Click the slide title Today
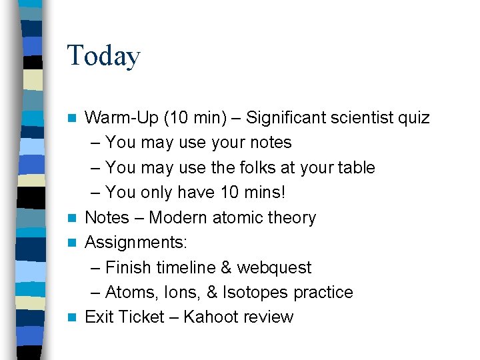(103, 55)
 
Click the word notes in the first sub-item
(269, 143)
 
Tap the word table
(355, 168)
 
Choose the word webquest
(274, 268)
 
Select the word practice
(327, 293)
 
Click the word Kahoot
(212, 317)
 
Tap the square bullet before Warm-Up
(75, 119)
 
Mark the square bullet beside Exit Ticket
(75, 317)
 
